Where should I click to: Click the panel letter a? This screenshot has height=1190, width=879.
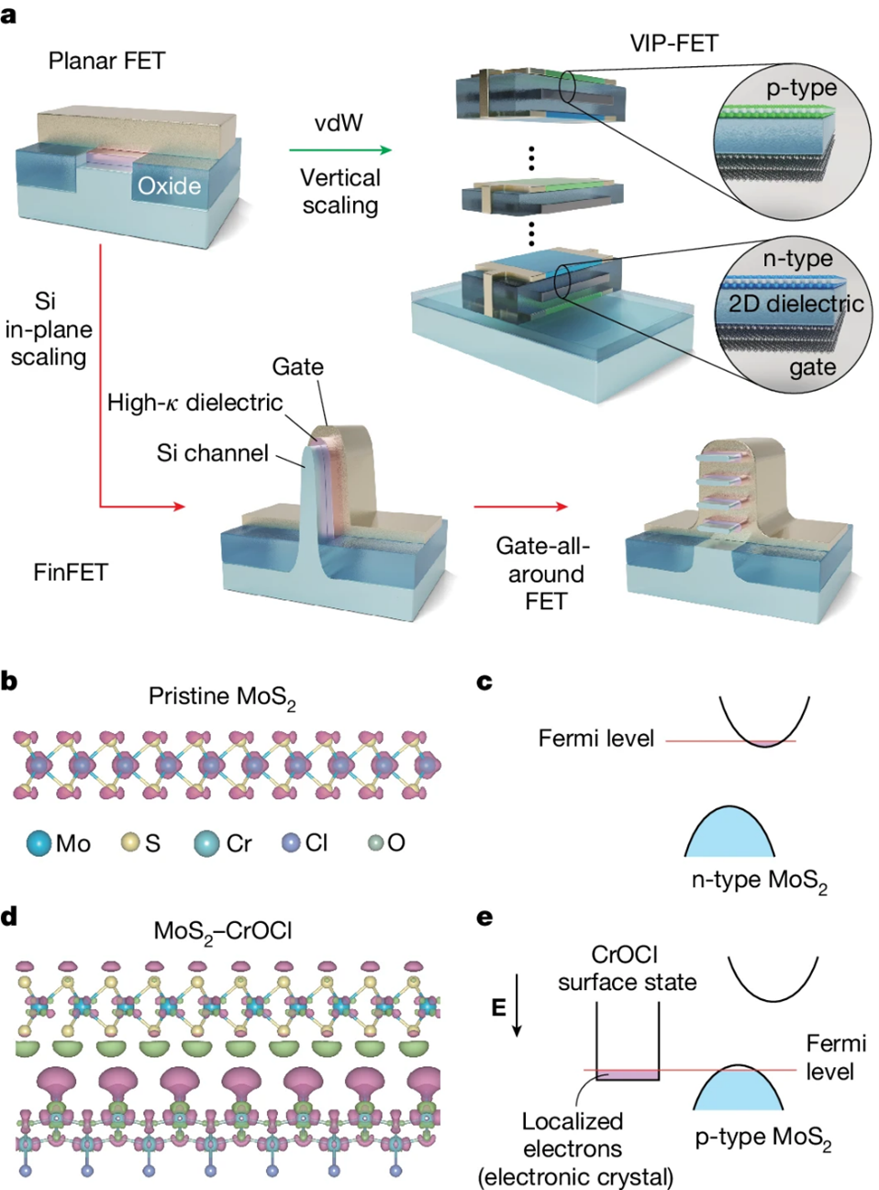pyautogui.click(x=9, y=16)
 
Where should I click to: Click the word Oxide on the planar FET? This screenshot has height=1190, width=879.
pyautogui.click(x=169, y=186)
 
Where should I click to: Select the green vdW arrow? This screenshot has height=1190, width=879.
pyautogui.click(x=339, y=150)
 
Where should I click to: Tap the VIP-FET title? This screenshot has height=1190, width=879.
pyautogui.click(x=673, y=42)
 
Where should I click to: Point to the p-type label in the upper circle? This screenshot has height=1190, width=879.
pyautogui.click(x=801, y=88)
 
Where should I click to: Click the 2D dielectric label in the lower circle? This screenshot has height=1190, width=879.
pyautogui.click(x=796, y=304)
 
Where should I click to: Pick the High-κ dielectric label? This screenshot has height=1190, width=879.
pyautogui.click(x=195, y=402)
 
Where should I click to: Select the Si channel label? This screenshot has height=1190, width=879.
pyautogui.click(x=212, y=452)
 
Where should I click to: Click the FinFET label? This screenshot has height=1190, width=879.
pyautogui.click(x=71, y=573)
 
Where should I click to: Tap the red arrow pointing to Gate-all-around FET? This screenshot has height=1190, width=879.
pyautogui.click(x=520, y=506)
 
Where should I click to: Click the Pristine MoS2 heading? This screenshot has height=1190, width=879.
pyautogui.click(x=222, y=697)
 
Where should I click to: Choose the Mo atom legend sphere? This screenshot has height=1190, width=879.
pyautogui.click(x=39, y=843)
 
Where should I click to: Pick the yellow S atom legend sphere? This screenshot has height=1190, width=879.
pyautogui.click(x=131, y=842)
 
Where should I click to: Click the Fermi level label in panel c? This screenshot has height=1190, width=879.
pyautogui.click(x=595, y=739)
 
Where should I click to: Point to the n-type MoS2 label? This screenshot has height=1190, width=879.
pyautogui.click(x=759, y=881)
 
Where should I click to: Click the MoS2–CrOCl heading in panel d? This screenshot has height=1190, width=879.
pyautogui.click(x=222, y=931)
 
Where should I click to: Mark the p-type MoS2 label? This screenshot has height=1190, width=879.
pyautogui.click(x=762, y=1138)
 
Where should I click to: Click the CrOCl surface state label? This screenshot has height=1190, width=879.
pyautogui.click(x=626, y=968)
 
